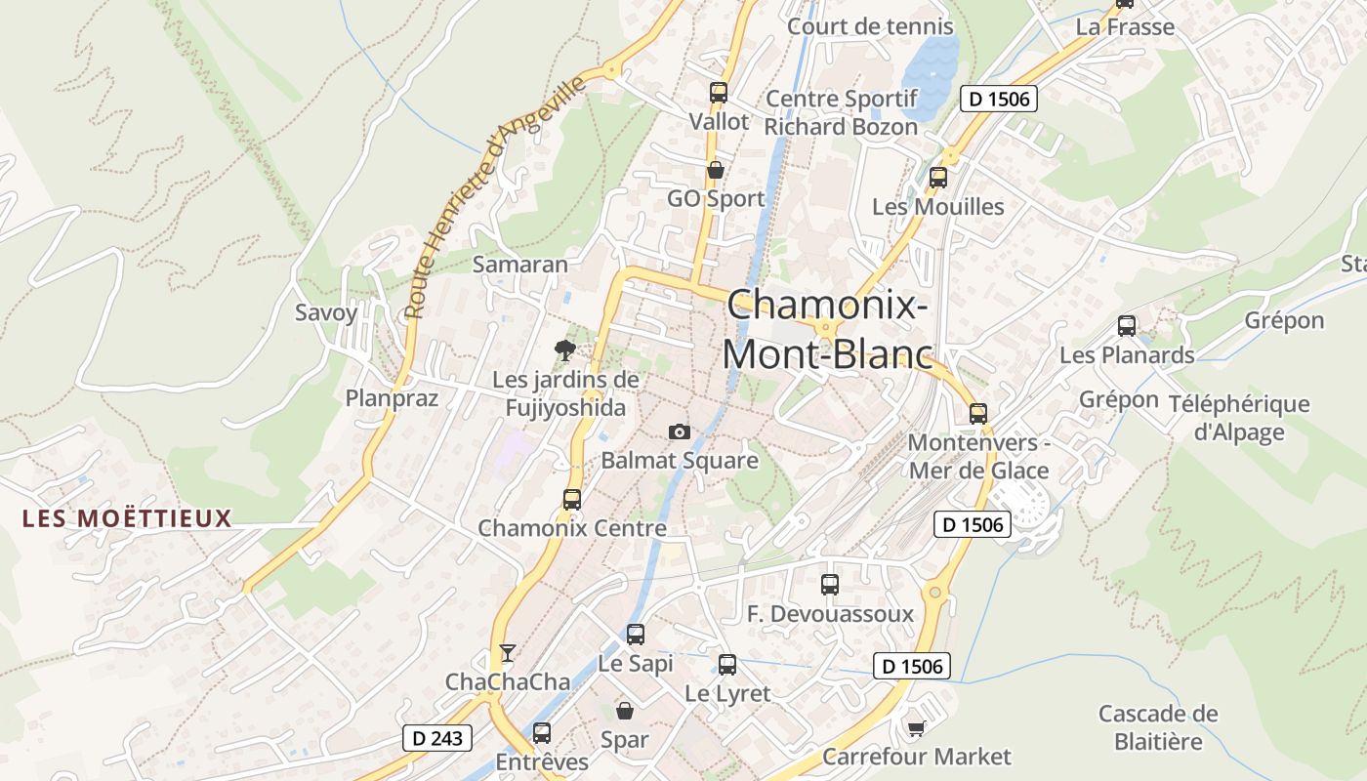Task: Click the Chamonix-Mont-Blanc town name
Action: click(827, 329)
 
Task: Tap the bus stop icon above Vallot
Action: click(719, 94)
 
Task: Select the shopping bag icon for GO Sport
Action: click(716, 171)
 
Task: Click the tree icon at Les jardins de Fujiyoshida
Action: click(564, 350)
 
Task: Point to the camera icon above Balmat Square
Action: click(680, 432)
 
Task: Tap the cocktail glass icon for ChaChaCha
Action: click(507, 653)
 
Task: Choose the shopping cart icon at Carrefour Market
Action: click(916, 728)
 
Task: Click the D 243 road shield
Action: click(437, 738)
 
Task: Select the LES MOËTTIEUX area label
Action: click(128, 518)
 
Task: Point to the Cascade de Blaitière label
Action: click(1158, 727)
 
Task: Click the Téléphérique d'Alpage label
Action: click(1239, 418)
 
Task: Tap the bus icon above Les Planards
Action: click(1127, 326)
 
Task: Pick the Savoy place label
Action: click(326, 313)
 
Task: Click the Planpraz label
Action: click(392, 397)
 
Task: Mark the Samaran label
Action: click(519, 265)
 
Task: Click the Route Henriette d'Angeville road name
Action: click(496, 196)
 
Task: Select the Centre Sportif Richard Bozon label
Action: click(841, 112)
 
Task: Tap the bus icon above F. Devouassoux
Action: click(830, 585)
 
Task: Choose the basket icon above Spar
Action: click(624, 711)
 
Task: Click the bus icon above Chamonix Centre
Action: click(572, 500)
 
